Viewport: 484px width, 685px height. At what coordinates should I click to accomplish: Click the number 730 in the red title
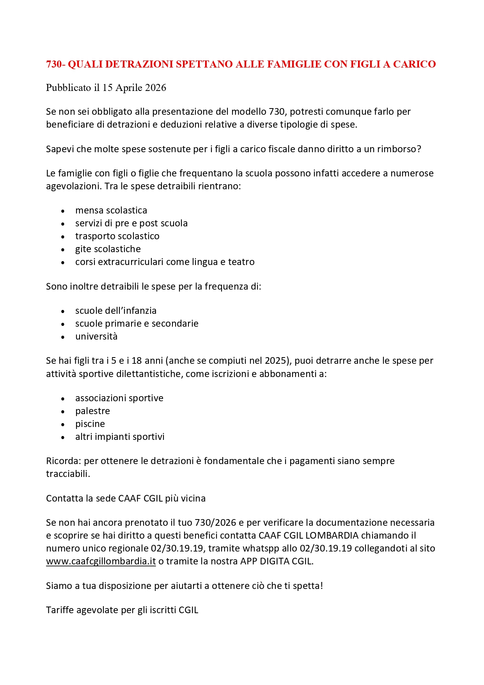(x=54, y=64)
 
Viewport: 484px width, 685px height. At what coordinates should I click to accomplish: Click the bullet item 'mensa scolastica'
(x=111, y=210)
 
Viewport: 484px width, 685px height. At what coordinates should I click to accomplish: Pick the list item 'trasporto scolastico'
(x=117, y=236)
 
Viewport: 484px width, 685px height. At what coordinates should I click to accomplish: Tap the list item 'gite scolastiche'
(x=108, y=249)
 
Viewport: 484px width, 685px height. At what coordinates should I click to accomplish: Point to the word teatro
(x=241, y=262)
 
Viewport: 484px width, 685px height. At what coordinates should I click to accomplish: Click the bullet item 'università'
(x=96, y=336)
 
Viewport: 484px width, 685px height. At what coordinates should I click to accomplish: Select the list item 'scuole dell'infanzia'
(x=116, y=311)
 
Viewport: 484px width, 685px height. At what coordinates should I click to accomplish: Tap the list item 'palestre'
(x=92, y=411)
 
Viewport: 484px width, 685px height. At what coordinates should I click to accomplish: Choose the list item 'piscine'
(x=90, y=424)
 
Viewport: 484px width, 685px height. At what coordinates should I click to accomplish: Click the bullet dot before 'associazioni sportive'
(x=63, y=399)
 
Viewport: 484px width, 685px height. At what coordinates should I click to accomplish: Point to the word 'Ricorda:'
(x=64, y=461)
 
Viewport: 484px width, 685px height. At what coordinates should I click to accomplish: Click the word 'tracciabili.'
(x=68, y=474)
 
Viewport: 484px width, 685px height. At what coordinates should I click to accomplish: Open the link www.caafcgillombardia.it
(x=101, y=561)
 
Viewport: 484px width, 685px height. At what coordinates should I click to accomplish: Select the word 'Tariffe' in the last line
(x=60, y=610)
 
